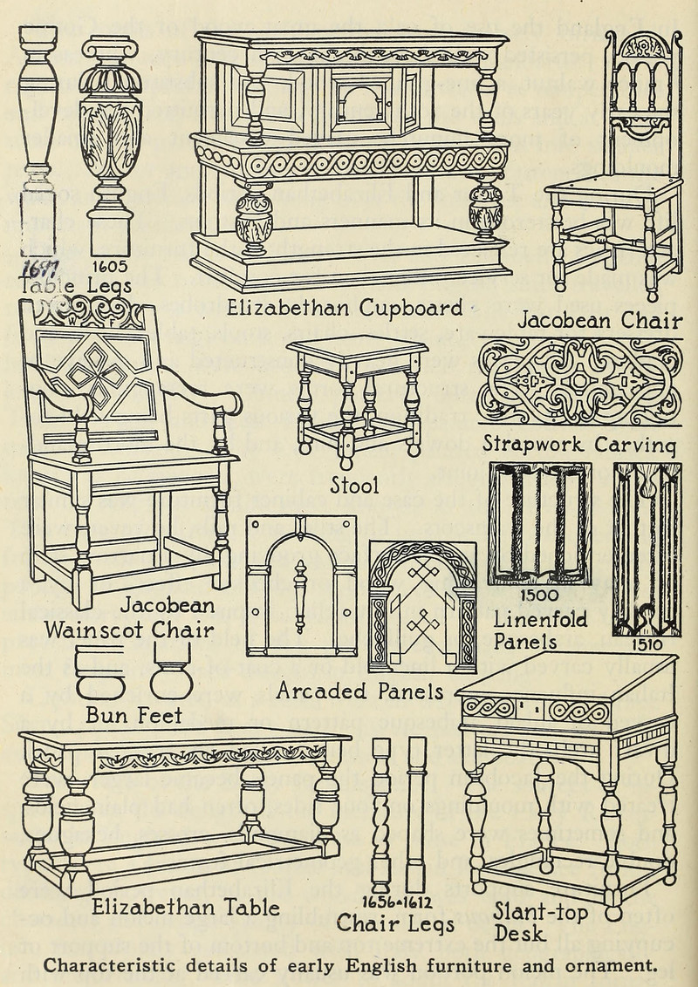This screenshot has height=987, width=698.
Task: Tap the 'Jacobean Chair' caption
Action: [599, 321]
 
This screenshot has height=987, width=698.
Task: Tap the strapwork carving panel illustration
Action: [580, 381]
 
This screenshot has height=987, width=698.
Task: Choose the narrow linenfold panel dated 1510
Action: [647, 548]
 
